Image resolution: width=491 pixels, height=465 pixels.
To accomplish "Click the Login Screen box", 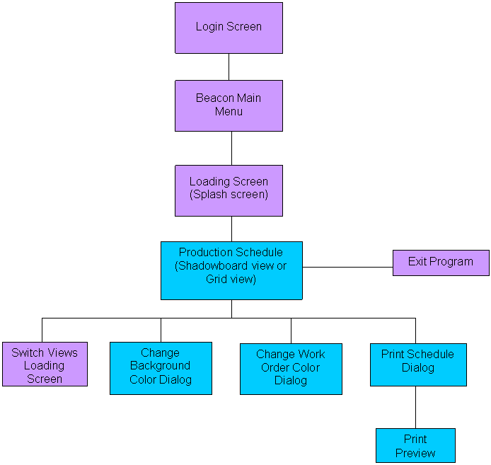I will (229, 28).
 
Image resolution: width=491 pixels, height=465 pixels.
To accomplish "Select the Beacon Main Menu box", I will (229, 105).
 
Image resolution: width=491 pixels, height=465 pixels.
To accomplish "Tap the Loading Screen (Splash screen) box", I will (229, 190).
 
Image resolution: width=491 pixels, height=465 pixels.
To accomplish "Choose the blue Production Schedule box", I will (231, 270).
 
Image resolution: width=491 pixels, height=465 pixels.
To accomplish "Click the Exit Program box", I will (441, 263).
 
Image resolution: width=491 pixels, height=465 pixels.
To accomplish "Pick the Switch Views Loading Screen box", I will (45, 365).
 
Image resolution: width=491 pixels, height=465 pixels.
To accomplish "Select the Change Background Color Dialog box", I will (161, 368).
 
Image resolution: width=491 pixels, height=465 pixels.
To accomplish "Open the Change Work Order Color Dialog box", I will (291, 369).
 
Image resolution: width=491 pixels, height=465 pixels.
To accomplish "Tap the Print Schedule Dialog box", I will (418, 364).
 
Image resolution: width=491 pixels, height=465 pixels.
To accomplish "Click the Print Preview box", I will (415, 446).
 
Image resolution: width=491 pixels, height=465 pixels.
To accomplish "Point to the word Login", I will (210, 27).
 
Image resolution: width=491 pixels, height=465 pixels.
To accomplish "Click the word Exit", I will (418, 262).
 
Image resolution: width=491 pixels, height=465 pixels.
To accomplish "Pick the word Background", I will (161, 366).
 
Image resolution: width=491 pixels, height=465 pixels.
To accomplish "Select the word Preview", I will (415, 453).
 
